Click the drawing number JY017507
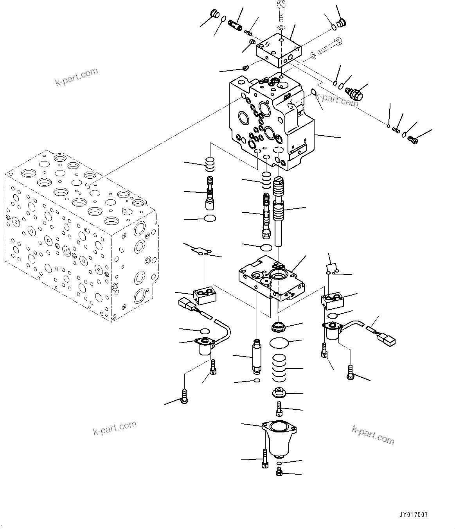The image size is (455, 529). tap(414, 515)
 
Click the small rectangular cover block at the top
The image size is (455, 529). tap(278, 50)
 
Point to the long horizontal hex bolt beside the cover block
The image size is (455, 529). tap(330, 46)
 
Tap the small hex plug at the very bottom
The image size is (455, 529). tap(279, 473)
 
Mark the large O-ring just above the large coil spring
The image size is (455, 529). tap(279, 342)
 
